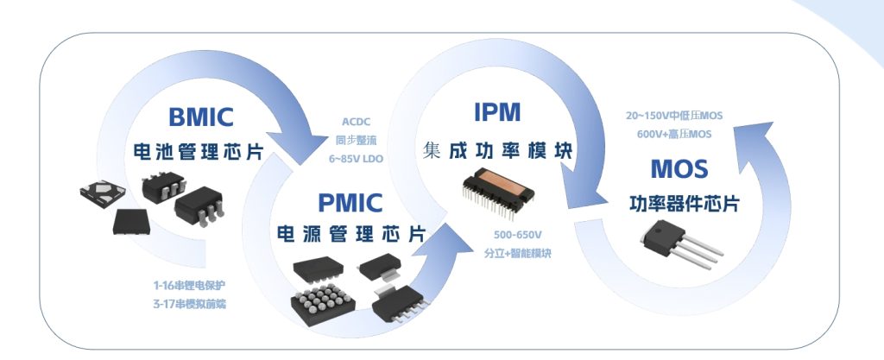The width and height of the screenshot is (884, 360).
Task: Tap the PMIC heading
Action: tap(350, 204)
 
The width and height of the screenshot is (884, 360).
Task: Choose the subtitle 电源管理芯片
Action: tap(350, 235)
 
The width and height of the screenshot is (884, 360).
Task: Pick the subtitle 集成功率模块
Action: tap(498, 148)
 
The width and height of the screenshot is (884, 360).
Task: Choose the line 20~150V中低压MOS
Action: tap(673, 115)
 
